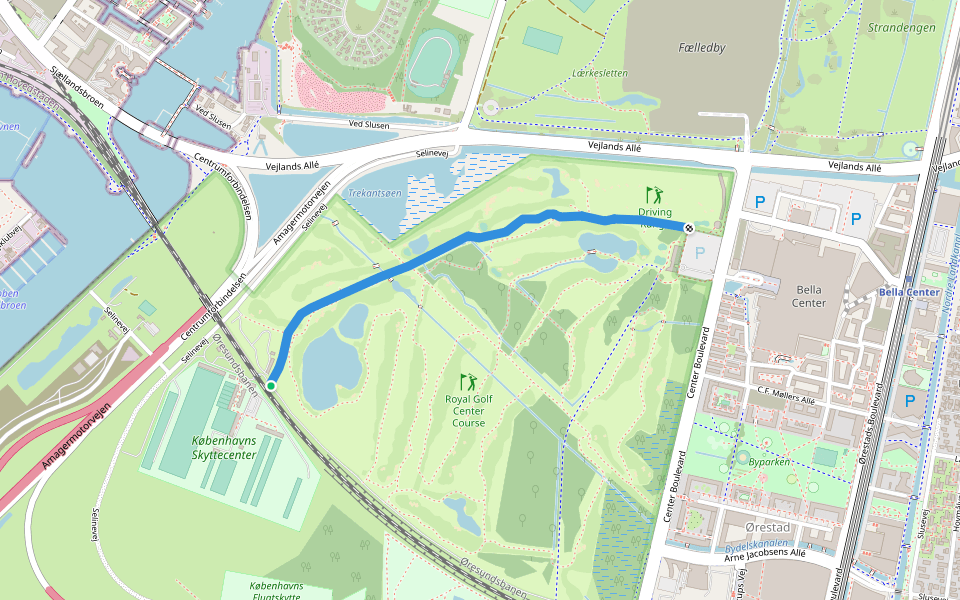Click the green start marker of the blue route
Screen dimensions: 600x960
pyautogui.click(x=271, y=385)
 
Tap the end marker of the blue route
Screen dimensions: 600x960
pyautogui.click(x=689, y=227)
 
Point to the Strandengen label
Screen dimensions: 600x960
pyautogui.click(x=902, y=27)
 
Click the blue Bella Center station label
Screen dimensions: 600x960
pyautogui.click(x=908, y=292)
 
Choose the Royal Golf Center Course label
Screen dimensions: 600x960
pyautogui.click(x=468, y=410)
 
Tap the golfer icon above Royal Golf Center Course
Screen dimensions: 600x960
pyautogui.click(x=468, y=381)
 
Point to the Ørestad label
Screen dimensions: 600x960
pyautogui.click(x=768, y=527)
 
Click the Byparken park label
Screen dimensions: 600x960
pyautogui.click(x=769, y=462)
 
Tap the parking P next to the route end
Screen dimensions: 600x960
pyautogui.click(x=699, y=254)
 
